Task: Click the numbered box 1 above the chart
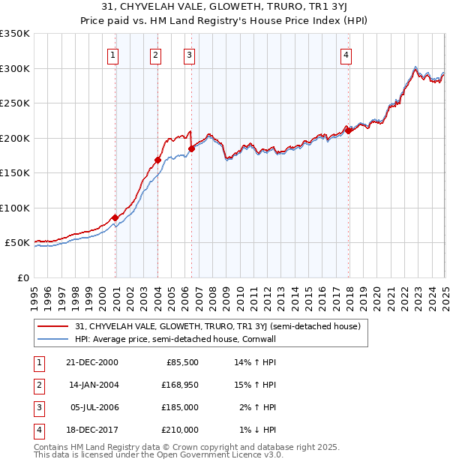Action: coord(112,54)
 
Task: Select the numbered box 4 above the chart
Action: coord(346,54)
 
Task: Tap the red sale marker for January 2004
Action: coord(158,160)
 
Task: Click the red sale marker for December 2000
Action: coord(115,217)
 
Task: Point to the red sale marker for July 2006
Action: coord(192,148)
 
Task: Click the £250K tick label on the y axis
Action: coord(15,103)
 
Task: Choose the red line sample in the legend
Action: coord(52,327)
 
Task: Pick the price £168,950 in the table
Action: coord(178,385)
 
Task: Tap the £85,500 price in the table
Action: coord(182,362)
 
